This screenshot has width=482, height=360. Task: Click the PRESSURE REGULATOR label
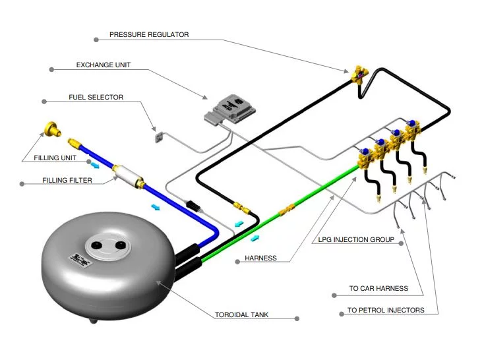[149, 34]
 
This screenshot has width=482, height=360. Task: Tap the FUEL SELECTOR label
[96, 98]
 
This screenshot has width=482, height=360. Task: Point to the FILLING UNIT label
[55, 158]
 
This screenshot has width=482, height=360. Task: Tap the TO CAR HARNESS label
[378, 288]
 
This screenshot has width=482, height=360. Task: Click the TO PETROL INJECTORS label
[386, 310]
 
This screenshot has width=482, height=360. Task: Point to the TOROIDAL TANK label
[242, 315]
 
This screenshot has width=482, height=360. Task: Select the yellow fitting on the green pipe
[286, 212]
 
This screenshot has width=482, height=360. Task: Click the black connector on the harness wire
[193, 204]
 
